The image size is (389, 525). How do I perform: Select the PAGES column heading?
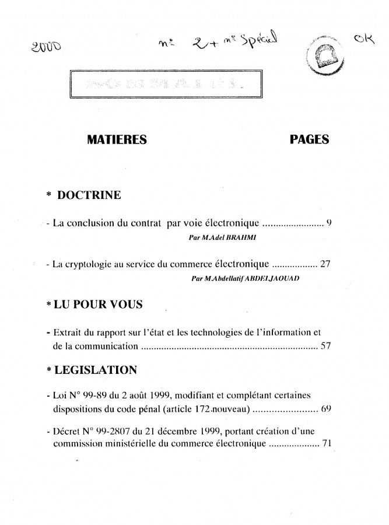309,140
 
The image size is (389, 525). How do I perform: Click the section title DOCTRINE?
89,195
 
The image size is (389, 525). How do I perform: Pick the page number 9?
329,222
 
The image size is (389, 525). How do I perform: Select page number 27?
325,264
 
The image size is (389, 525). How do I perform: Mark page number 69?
325,409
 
